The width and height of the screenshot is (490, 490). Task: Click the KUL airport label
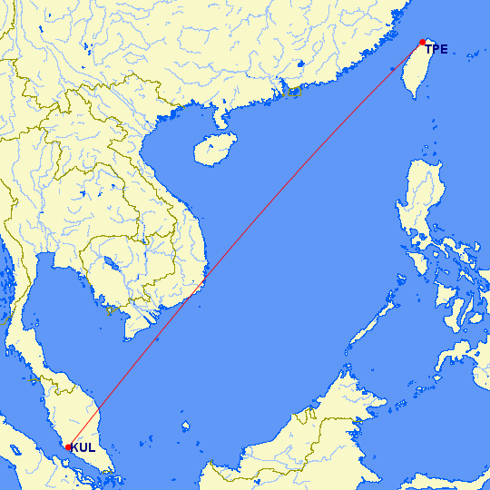[83, 448]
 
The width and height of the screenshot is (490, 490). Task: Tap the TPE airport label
[436, 50]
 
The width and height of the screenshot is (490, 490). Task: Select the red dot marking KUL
[68, 446]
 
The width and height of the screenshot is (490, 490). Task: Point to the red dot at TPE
[423, 42]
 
